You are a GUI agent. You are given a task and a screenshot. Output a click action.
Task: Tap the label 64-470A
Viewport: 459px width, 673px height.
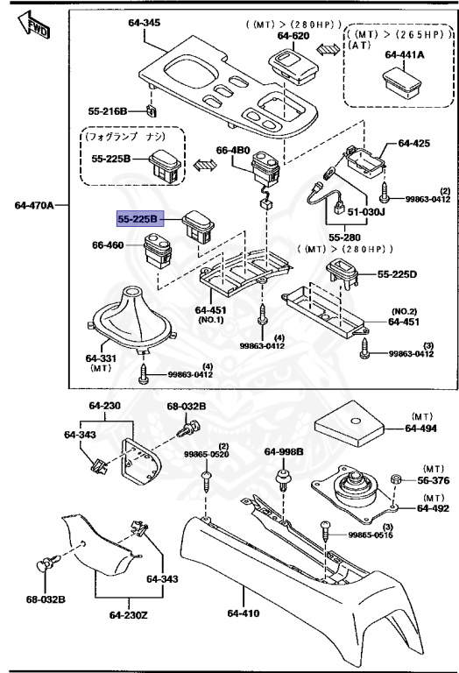[34, 206]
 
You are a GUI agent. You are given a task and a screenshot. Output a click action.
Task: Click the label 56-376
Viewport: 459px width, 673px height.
[431, 480]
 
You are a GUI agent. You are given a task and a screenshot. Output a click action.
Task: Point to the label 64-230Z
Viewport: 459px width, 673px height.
[128, 613]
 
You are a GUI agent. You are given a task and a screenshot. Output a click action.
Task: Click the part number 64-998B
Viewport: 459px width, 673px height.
[284, 451]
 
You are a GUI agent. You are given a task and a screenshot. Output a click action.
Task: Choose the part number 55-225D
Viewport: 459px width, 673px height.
[398, 274]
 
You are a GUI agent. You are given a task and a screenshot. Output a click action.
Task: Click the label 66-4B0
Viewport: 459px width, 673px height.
[233, 150]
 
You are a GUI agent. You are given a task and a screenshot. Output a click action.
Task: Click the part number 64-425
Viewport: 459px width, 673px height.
[415, 142]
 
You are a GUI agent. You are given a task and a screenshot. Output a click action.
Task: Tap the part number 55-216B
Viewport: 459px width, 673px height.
[108, 111]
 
